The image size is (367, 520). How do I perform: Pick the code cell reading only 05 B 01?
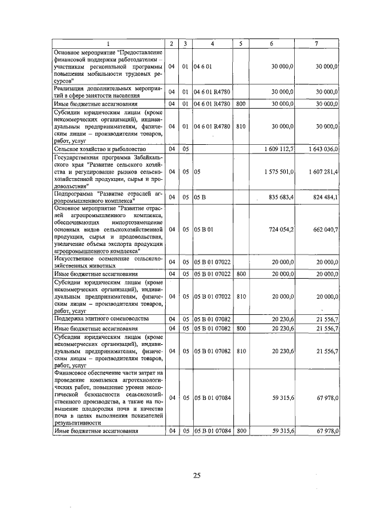(204, 229)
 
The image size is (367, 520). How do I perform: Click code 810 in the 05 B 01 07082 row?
(241, 350)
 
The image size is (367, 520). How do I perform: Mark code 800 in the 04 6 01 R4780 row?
(241, 104)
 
